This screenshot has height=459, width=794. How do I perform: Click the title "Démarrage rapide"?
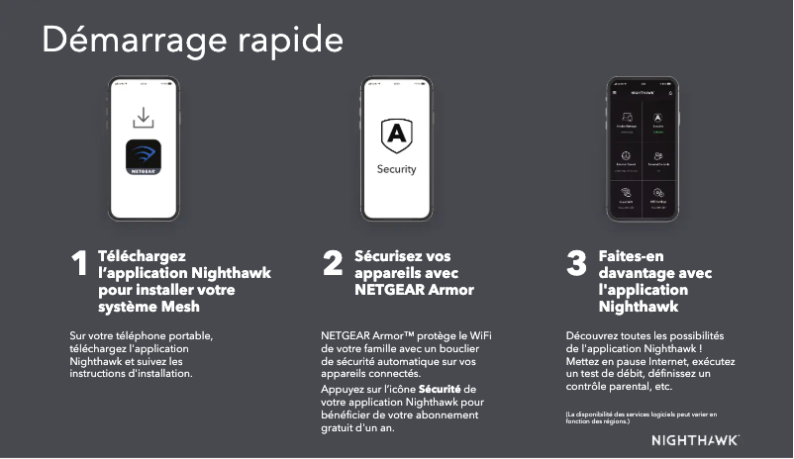(x=192, y=41)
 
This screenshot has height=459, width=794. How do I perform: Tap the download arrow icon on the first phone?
(x=144, y=118)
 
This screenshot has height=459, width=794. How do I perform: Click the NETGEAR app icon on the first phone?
(x=144, y=158)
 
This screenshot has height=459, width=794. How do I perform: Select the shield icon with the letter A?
(x=396, y=135)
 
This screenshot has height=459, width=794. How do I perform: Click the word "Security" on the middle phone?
(x=396, y=169)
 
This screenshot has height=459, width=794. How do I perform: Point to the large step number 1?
(x=80, y=265)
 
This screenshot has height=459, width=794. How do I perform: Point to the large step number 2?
(x=334, y=264)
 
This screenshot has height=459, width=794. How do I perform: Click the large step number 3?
(x=576, y=265)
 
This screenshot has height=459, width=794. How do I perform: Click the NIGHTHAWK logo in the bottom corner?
(x=695, y=439)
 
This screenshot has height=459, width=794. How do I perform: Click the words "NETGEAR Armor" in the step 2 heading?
(x=413, y=291)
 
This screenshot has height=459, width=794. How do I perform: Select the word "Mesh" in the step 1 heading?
(x=180, y=307)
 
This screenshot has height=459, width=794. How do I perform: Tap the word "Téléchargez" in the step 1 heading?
(x=142, y=256)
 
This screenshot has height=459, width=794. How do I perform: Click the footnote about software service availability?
(x=640, y=417)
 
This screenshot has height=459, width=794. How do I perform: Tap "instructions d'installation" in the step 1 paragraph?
(x=132, y=375)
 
